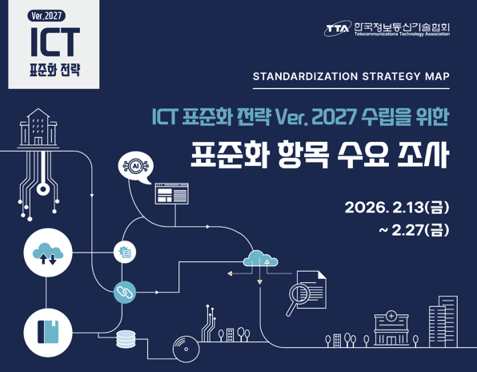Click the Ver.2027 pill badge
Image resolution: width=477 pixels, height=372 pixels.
pyautogui.click(x=46, y=15)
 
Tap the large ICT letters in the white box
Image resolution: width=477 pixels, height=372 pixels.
pyautogui.click(x=55, y=42)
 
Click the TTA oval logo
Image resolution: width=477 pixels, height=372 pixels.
pyautogui.click(x=337, y=29)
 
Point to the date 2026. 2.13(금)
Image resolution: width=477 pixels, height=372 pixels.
pyautogui.click(x=397, y=208)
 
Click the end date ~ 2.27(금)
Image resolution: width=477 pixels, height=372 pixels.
pyautogui.click(x=414, y=230)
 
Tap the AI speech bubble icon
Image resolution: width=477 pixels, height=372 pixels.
pyautogui.click(x=136, y=168)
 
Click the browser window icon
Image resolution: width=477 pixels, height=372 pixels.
pyautogui.click(x=171, y=193)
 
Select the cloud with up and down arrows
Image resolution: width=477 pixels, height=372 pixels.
pyautogui.click(x=48, y=253)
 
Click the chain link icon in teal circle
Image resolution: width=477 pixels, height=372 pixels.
pyautogui.click(x=125, y=292)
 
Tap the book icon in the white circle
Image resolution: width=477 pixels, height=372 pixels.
pyautogui.click(x=48, y=332)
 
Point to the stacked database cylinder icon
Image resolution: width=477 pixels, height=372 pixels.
pyautogui.click(x=126, y=339)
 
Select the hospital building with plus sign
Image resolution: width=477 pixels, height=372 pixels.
pyautogui.click(x=391, y=329)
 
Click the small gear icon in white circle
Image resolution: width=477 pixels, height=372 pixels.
pyautogui.click(x=125, y=252)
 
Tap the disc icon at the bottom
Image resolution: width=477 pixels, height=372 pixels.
pyautogui.click(x=186, y=349)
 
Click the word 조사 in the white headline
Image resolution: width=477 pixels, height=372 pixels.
pyautogui.click(x=423, y=155)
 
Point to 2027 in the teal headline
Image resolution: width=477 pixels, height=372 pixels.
pyautogui.click(x=335, y=117)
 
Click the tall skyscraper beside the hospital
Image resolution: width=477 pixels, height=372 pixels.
pyautogui.click(x=443, y=321)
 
